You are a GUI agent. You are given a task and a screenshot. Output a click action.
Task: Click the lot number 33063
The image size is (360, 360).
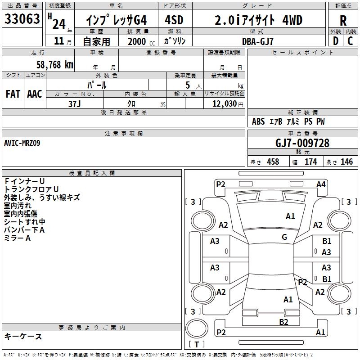[x=22, y=20]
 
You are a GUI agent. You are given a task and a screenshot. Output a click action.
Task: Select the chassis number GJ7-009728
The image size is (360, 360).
[x=302, y=143]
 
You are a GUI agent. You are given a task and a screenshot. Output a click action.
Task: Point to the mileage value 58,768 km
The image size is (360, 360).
[x=54, y=65]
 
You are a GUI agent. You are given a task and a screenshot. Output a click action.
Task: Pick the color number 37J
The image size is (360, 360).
[x=75, y=103]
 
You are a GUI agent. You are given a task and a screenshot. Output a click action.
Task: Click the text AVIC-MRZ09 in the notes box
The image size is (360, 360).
[x=22, y=143]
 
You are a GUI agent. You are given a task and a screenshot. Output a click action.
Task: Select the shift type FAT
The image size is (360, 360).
[x=13, y=94]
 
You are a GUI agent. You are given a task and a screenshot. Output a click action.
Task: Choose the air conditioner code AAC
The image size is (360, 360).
[x=35, y=94]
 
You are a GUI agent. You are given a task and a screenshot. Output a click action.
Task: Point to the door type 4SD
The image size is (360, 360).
[x=174, y=20]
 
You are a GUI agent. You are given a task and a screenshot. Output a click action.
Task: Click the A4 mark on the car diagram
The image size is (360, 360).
[x=321, y=184]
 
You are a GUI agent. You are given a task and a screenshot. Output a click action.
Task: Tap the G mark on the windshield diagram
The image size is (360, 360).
[x=284, y=237]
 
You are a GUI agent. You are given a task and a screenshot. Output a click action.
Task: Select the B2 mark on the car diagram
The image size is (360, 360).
[x=283, y=322]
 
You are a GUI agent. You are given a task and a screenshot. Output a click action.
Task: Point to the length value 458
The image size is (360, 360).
[x=273, y=162]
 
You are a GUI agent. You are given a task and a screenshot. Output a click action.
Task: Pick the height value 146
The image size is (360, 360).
[x=346, y=162]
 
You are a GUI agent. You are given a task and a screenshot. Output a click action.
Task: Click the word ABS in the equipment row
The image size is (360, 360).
[x=258, y=121]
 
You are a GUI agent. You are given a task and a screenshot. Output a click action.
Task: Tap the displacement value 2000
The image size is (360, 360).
[x=136, y=41]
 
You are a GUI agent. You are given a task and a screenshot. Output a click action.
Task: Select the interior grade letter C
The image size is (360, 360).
[x=350, y=41]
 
